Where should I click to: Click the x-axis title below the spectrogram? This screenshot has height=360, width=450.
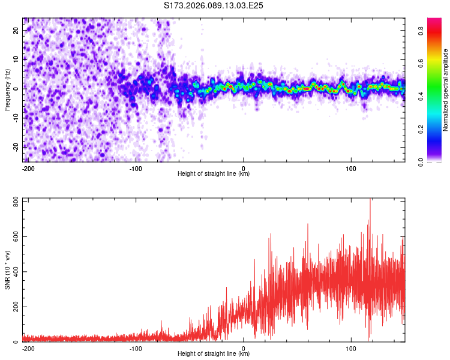(x=214, y=174)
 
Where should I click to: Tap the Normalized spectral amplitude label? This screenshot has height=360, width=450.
(x=445, y=90)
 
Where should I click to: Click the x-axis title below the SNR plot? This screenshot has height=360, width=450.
(x=214, y=354)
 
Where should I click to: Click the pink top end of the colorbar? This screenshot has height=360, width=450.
(x=434, y=21)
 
